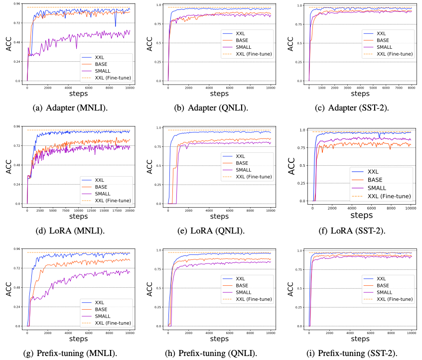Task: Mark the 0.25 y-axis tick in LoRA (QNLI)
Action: (x=159, y=185)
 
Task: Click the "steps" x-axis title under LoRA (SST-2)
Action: (x=361, y=216)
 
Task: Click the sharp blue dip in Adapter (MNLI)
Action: (x=116, y=26)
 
